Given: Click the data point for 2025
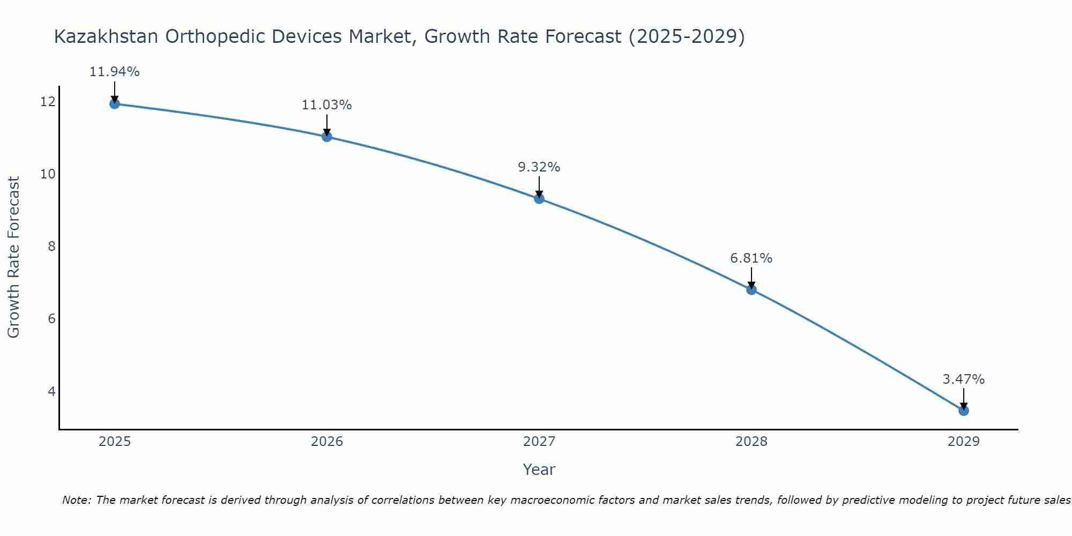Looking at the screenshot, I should (114, 103).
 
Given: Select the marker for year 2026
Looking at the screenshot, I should (327, 137).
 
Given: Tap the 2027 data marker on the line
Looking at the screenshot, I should (539, 199).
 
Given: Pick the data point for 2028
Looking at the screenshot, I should (751, 290).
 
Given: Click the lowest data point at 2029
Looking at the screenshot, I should (964, 411).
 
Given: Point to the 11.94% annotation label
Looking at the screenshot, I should (114, 72).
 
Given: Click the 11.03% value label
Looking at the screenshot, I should (326, 105).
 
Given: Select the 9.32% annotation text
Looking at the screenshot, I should (539, 167).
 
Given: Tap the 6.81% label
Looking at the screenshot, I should (751, 258).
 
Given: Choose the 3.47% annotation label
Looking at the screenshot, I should (963, 379).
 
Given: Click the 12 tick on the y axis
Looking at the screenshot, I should (48, 101).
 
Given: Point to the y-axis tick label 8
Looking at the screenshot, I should (51, 246).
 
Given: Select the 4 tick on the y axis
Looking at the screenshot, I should (51, 391).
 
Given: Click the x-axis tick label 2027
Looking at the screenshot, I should (539, 442).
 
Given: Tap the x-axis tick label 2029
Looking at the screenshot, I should (964, 442).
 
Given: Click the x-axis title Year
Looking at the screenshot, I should (539, 470).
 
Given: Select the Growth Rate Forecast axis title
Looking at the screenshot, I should (13, 257).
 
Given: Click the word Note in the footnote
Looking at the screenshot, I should (77, 500).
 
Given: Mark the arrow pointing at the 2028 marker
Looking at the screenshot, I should (751, 278).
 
